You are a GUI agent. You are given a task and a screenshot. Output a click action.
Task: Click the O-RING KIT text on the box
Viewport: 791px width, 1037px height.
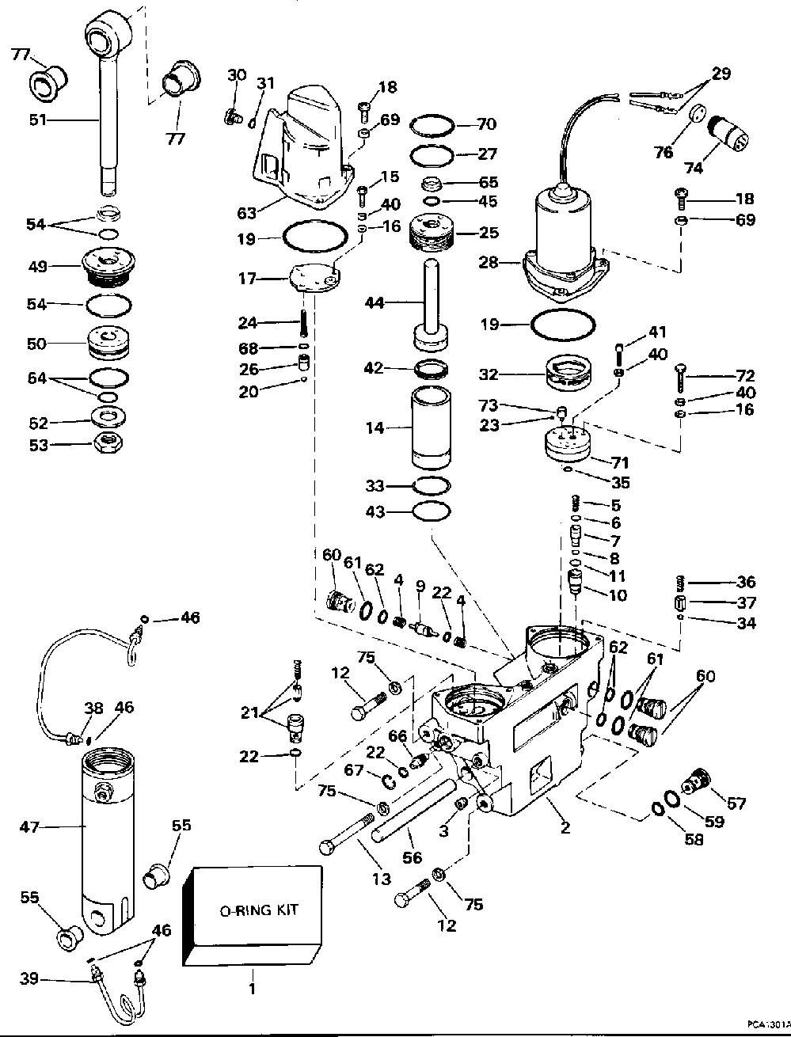pyautogui.click(x=259, y=910)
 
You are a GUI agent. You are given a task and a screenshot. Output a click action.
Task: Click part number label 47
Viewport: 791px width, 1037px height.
pyautogui.click(x=29, y=826)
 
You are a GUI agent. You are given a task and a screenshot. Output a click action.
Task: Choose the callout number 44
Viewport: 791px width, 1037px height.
pyautogui.click(x=375, y=303)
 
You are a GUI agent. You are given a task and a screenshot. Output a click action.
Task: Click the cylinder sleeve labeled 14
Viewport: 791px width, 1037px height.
pyautogui.click(x=431, y=427)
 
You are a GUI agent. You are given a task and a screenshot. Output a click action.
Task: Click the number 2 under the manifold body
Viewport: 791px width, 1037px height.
pyautogui.click(x=565, y=826)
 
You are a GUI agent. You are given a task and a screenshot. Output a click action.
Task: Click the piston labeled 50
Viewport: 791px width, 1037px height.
pyautogui.click(x=109, y=344)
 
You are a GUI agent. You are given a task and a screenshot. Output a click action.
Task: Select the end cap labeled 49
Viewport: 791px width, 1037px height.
pyautogui.click(x=108, y=268)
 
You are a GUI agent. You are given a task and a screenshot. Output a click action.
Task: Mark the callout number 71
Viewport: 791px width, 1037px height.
pyautogui.click(x=618, y=462)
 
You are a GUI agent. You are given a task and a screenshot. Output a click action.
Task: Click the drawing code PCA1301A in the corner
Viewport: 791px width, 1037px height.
pyautogui.click(x=769, y=1024)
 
